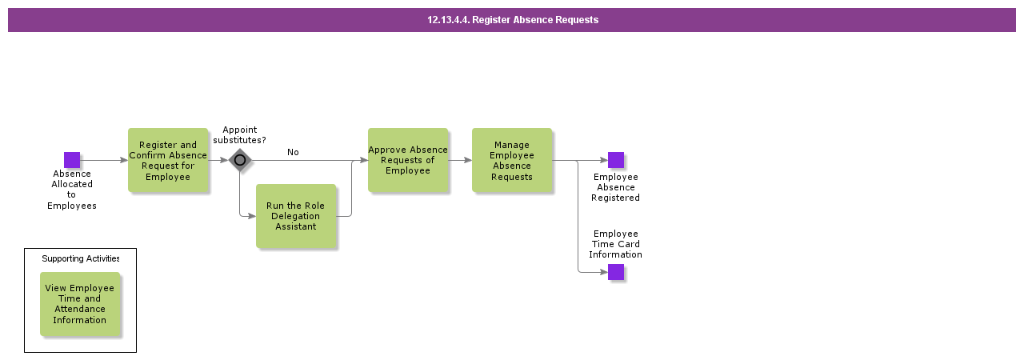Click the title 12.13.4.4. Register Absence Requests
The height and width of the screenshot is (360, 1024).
[512, 20]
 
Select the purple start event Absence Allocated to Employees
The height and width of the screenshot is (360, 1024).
[72, 160]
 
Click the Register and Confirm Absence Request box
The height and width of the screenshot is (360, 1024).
[168, 161]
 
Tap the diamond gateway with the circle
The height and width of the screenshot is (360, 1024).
[240, 160]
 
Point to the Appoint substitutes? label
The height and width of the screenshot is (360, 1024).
[240, 135]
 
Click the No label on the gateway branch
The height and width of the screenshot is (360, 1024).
[293, 152]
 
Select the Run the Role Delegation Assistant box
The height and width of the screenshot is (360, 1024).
[296, 216]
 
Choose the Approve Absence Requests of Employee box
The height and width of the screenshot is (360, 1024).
[408, 160]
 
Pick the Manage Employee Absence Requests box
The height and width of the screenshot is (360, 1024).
[512, 161]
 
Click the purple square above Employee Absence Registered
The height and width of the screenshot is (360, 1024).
[616, 160]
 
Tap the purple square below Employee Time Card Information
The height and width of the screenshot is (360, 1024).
[616, 272]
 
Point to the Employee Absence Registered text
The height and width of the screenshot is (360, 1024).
[616, 187]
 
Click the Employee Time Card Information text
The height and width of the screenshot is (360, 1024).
[616, 244]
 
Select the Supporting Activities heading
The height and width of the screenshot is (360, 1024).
[80, 259]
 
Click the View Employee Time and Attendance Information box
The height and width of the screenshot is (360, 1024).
[80, 304]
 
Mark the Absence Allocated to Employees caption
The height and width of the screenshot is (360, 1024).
[72, 190]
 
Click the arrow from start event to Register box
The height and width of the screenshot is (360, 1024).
[104, 160]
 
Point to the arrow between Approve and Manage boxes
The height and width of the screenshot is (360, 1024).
[460, 160]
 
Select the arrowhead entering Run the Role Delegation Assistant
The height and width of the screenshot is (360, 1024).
[251, 216]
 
